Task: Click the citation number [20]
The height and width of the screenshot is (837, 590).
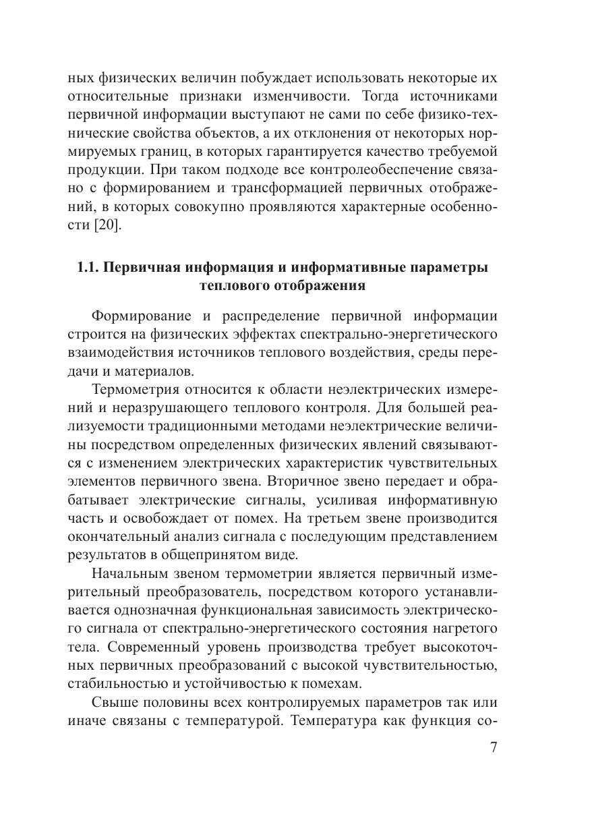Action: click(x=106, y=225)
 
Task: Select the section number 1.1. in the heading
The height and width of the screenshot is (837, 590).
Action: click(x=90, y=267)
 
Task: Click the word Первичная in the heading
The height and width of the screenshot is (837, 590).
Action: click(x=144, y=267)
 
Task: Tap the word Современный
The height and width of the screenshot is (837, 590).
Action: click(x=154, y=647)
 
